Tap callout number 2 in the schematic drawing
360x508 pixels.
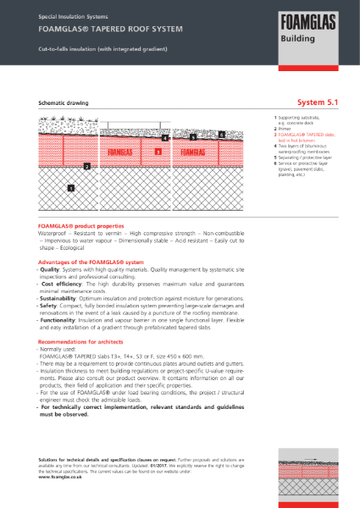(86, 167)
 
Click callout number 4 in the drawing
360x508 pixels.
(166, 136)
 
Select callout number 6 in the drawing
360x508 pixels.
(221, 134)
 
